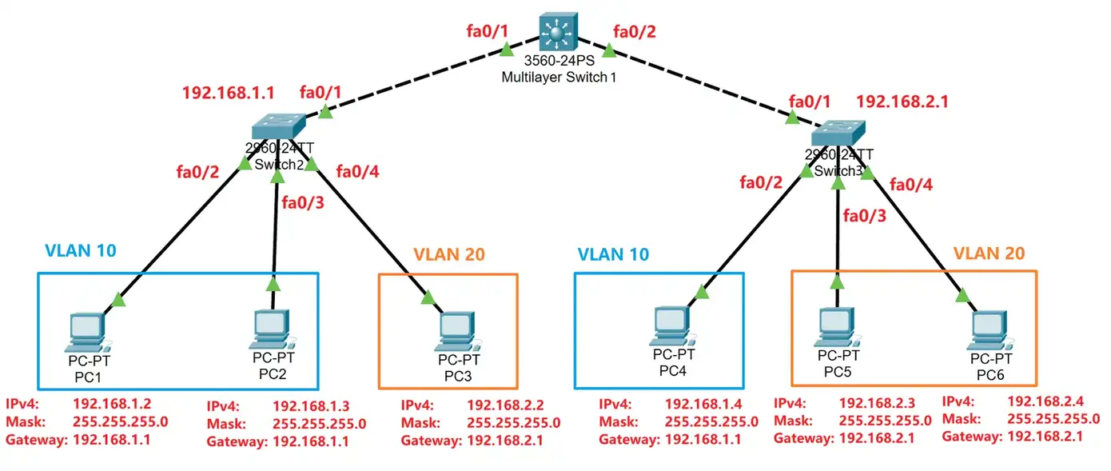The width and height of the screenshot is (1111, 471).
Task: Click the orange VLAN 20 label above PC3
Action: point(448,255)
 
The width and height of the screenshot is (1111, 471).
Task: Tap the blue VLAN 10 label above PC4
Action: point(613,255)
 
